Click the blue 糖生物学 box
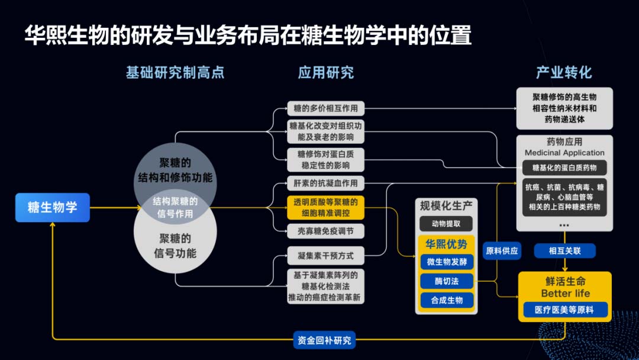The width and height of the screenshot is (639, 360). (x=53, y=208)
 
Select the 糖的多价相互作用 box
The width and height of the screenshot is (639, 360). (x=325, y=108)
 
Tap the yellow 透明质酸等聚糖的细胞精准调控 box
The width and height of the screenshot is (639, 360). (x=325, y=208)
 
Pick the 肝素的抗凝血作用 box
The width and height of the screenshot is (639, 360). (x=325, y=182)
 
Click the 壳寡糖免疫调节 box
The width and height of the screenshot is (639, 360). (x=325, y=231)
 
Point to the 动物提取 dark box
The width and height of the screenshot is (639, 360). (x=447, y=223)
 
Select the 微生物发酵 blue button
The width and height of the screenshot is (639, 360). (x=447, y=262)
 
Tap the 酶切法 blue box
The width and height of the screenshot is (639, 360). (x=447, y=281)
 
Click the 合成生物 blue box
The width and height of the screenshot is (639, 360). (x=447, y=300)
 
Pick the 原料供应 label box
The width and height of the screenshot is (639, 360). (x=502, y=251)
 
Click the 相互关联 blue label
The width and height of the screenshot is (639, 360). (x=564, y=251)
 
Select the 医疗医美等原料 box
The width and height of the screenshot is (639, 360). (x=564, y=309)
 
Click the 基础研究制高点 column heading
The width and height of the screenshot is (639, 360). (x=175, y=73)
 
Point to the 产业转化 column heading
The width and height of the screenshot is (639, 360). (x=564, y=73)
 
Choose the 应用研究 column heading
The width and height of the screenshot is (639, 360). (x=326, y=73)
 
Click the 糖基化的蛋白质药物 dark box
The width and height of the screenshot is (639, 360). (x=564, y=168)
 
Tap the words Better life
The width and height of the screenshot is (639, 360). (x=564, y=293)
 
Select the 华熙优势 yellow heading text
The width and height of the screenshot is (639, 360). (x=447, y=244)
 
